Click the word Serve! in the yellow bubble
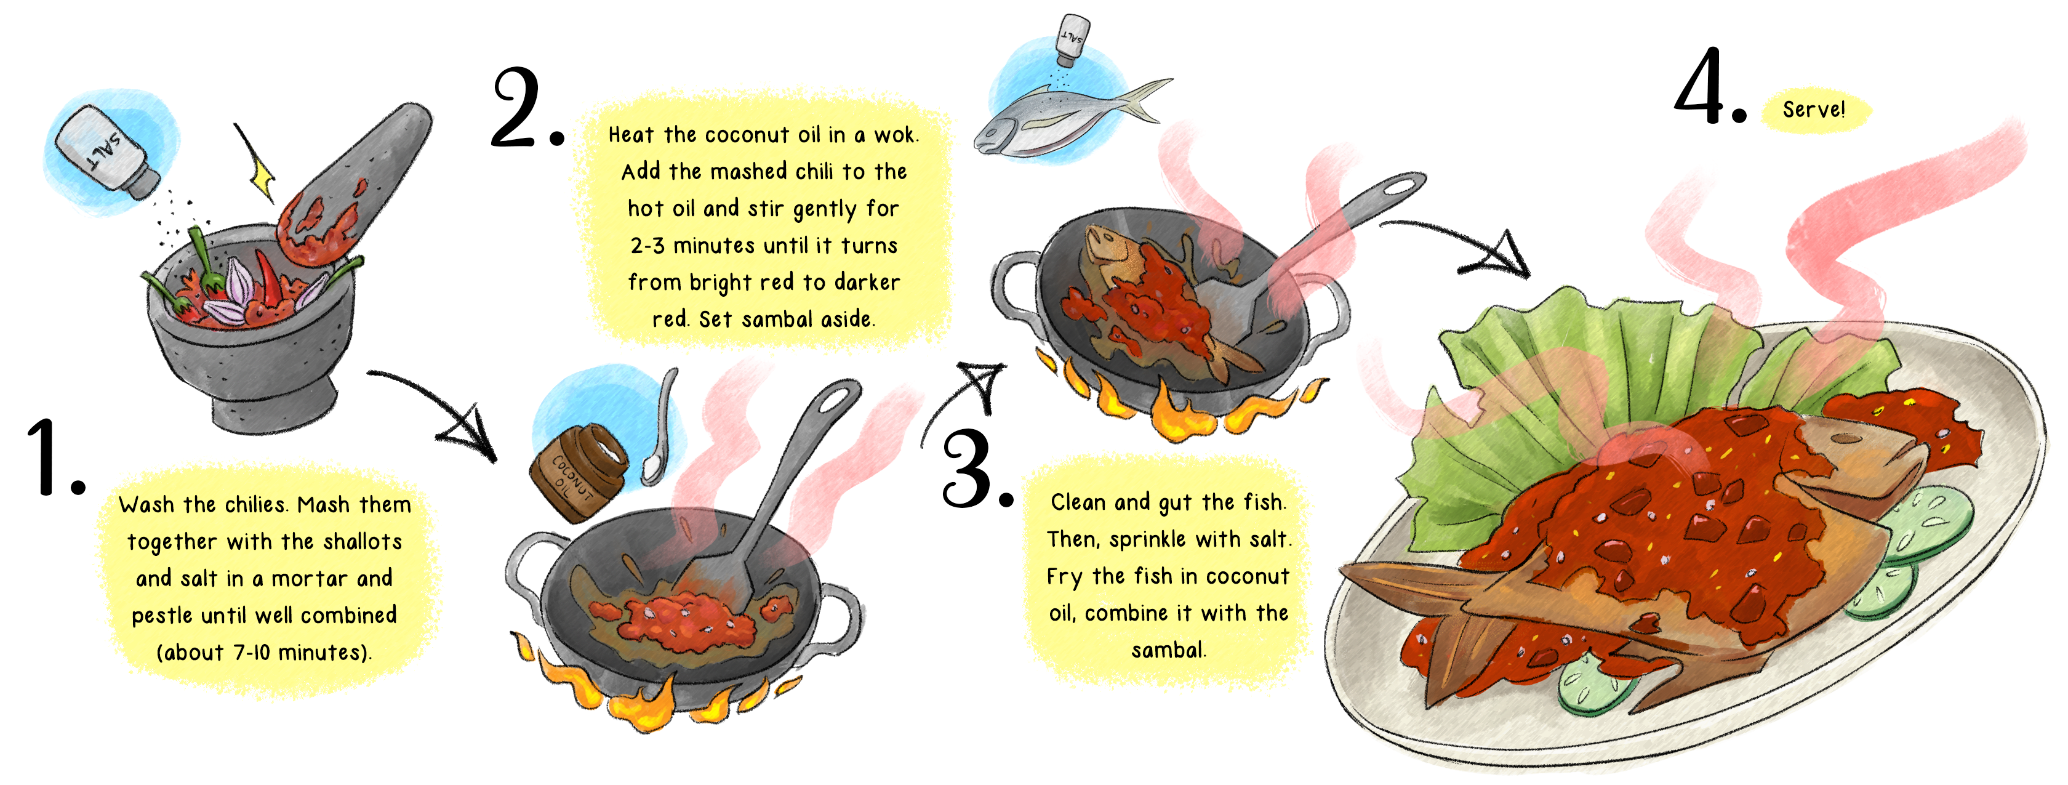[x=1814, y=109]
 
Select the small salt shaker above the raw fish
[x=1072, y=39]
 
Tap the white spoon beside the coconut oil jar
[x=660, y=433]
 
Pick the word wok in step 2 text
[x=894, y=135]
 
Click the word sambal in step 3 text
[x=1168, y=650]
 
